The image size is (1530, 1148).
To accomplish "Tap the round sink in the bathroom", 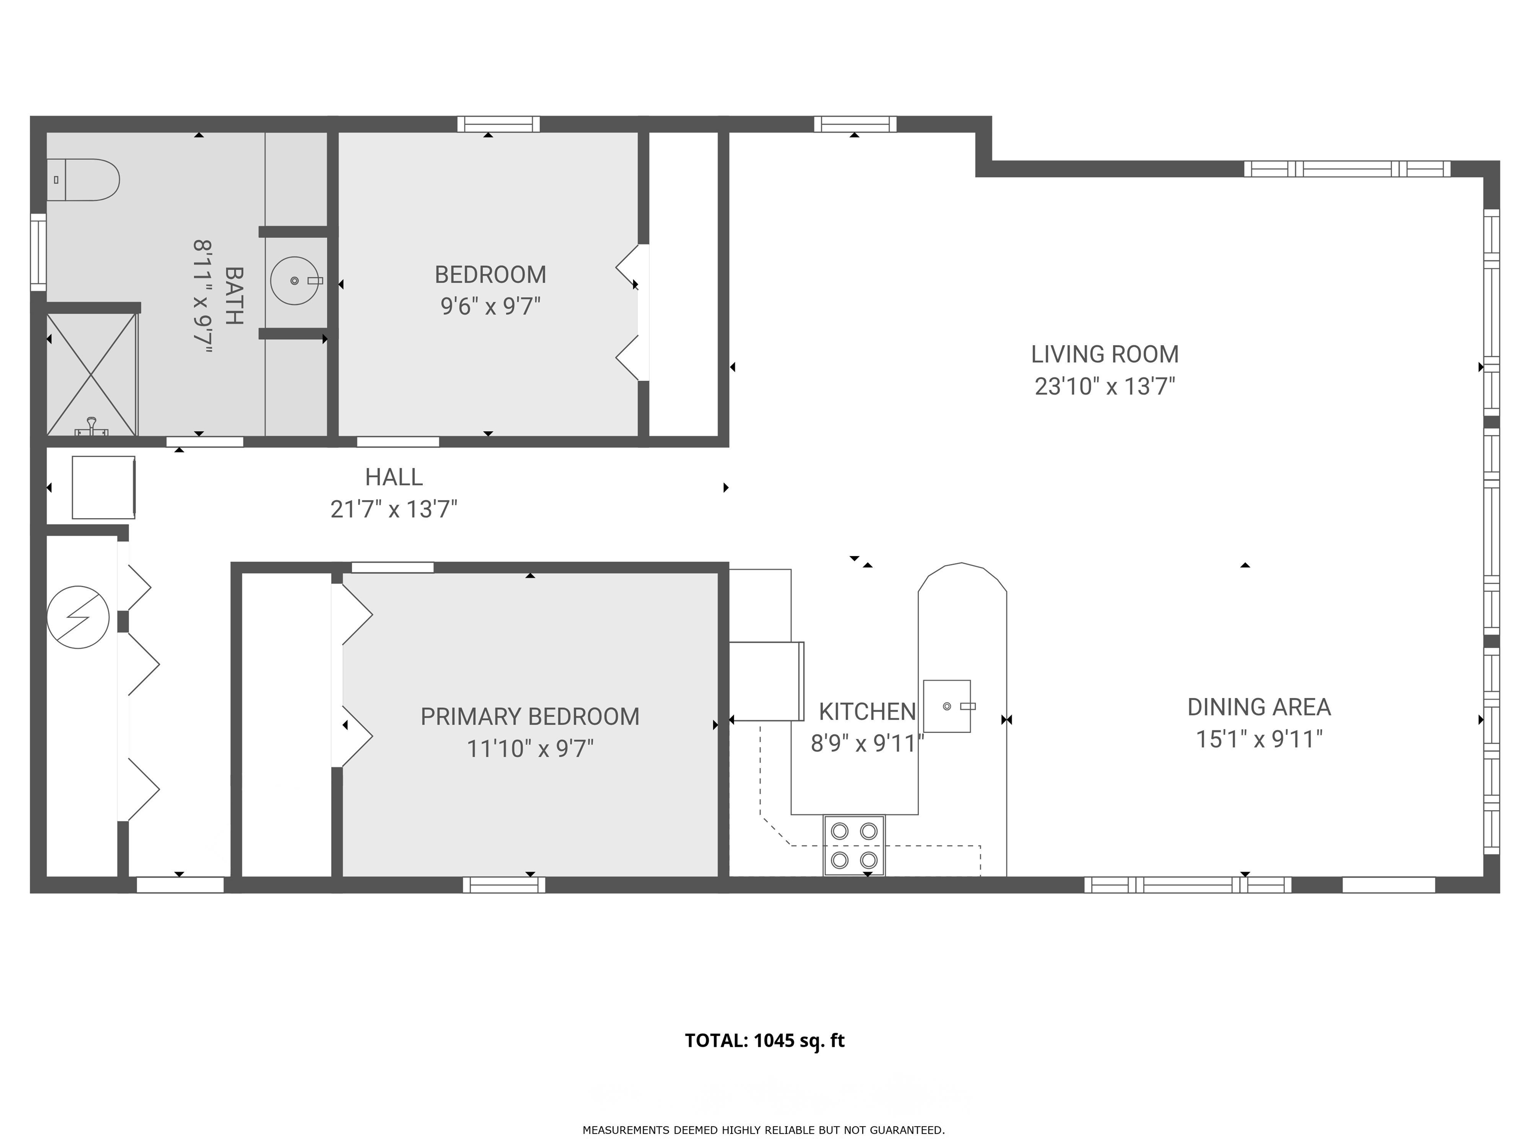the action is point(295,281).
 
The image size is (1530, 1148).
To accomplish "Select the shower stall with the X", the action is point(91,374).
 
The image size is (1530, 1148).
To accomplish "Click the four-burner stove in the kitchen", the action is point(854,846).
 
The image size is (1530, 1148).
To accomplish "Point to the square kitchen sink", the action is point(947,706).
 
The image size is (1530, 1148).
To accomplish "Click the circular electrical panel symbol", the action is point(78,617).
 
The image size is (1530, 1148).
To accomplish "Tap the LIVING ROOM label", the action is point(1105,354).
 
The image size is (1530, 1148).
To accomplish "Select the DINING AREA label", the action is point(1259,707).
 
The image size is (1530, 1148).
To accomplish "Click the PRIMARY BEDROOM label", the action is point(530,717).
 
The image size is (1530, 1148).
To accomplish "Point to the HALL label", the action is point(393,477).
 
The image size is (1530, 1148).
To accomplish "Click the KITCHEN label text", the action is point(868,712).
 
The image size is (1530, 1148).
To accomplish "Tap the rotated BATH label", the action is point(235,295).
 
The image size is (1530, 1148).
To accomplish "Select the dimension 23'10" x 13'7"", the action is point(1105,386).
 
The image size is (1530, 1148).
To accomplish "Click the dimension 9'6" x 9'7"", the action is point(491,306).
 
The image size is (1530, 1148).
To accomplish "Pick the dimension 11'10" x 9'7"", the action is point(530,749).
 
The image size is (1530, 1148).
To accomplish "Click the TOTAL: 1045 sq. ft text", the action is point(765,1041).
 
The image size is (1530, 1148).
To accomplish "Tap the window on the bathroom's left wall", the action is point(38,252).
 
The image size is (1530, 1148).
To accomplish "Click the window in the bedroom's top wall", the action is point(498,124).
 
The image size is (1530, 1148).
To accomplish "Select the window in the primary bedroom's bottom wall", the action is point(504,884).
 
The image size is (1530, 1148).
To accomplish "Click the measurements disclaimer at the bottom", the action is point(764,1130).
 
